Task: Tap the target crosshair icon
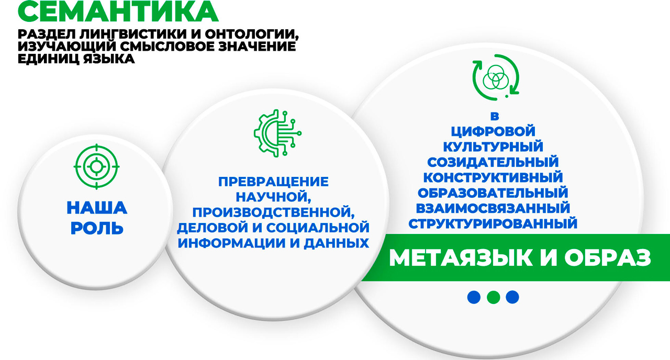coord(96,166)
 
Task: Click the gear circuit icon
coord(277,133)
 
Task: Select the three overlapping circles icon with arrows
coord(496,77)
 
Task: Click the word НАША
coord(97,208)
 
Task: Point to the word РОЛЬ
coord(97,228)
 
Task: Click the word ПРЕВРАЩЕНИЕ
coord(273,182)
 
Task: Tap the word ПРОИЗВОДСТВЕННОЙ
coord(273,212)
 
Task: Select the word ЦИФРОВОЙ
coord(493,131)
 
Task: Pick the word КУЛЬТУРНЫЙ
coord(493,147)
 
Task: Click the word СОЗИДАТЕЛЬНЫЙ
coord(493,162)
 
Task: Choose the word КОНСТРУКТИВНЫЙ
coord(493,177)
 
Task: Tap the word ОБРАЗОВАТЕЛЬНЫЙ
coord(493,193)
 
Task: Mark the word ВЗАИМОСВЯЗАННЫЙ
coord(493,208)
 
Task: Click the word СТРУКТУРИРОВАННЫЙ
coord(493,223)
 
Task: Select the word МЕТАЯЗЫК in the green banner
coord(461,258)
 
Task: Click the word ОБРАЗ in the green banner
coord(608,258)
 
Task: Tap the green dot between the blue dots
coord(493,297)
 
